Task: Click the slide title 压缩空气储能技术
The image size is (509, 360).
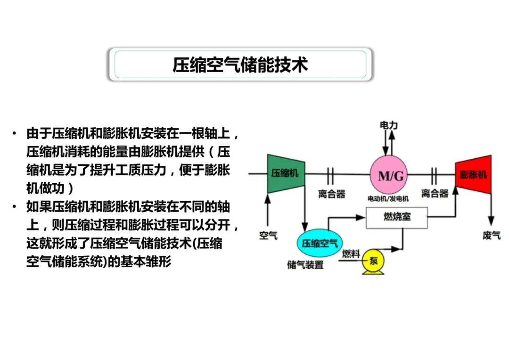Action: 240,65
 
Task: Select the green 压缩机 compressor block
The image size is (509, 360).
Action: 285,173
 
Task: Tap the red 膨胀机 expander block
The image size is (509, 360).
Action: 473,174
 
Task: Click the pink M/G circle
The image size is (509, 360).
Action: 389,175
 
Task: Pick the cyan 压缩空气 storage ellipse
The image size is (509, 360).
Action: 320,243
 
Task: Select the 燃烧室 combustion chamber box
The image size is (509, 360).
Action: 396,218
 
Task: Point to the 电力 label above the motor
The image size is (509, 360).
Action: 389,125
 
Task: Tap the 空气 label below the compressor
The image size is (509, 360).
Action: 268,235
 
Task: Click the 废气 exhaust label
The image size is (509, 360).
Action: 492,235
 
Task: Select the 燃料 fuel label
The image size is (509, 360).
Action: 351,254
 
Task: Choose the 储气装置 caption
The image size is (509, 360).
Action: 305,265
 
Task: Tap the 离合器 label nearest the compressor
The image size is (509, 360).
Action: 332,194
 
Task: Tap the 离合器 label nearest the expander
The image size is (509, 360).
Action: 435,194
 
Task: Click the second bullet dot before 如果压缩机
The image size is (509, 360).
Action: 16,207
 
